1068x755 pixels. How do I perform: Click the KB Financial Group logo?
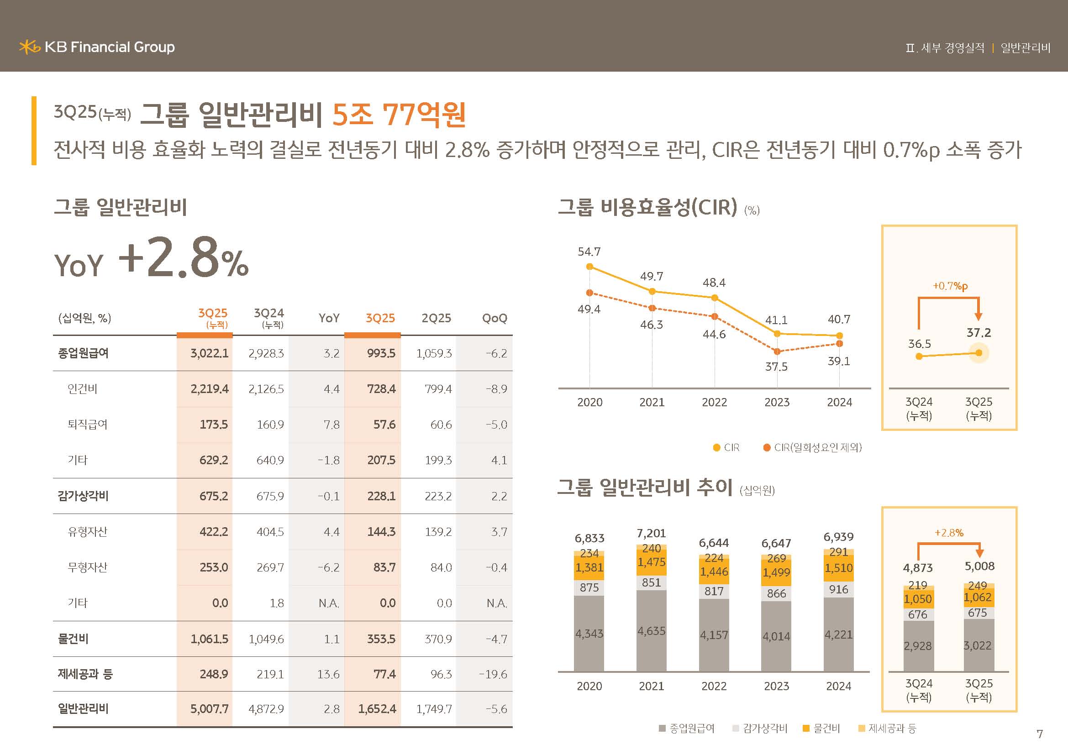97,47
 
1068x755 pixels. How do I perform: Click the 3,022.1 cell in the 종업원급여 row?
209,353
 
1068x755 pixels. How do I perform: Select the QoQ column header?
494,318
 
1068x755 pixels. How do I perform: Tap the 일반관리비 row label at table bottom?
83,708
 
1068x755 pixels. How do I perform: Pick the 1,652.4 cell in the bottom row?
377,709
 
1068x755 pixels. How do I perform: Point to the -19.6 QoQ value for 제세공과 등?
493,674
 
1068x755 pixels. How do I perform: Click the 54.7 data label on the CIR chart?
589,252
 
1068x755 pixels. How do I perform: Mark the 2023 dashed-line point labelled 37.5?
777,351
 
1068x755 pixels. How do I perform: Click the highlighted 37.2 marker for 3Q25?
978,353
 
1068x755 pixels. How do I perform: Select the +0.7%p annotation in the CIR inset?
950,286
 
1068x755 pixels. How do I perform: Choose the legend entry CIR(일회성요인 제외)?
813,447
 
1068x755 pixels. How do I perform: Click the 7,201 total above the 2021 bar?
651,533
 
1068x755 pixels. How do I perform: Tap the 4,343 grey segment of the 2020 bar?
589,633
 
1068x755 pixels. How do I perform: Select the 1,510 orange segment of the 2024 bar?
838,568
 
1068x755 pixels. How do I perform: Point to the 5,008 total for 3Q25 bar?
979,566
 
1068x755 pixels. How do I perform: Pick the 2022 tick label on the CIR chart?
714,402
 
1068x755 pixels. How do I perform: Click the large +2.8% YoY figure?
183,258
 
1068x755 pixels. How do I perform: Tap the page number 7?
1040,734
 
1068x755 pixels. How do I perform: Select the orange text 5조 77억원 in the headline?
399,115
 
